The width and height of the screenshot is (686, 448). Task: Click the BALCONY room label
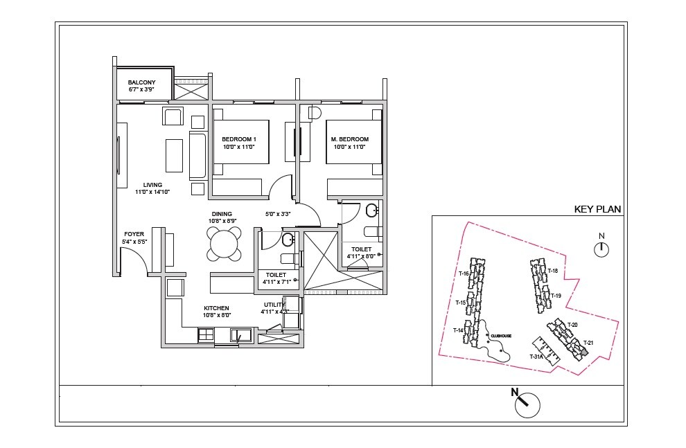click(142, 82)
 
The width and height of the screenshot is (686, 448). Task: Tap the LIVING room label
click(152, 185)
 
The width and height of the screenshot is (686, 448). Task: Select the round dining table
click(224, 244)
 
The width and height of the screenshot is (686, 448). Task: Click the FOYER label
click(134, 234)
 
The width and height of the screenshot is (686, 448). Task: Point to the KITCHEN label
click(216, 308)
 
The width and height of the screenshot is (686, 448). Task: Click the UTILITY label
click(274, 305)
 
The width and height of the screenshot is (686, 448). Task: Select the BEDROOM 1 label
click(239, 139)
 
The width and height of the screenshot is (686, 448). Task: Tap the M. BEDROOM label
click(349, 139)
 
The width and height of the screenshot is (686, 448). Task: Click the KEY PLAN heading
click(597, 209)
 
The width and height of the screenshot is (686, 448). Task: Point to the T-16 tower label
click(464, 274)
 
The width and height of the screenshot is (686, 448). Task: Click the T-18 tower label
click(552, 271)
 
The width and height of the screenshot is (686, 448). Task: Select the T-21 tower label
click(588, 343)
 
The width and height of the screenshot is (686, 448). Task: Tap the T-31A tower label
click(535, 357)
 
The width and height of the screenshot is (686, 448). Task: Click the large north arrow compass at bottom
click(527, 404)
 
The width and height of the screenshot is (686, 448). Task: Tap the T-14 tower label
click(458, 330)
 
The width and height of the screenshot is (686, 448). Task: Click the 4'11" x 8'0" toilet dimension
click(361, 256)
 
